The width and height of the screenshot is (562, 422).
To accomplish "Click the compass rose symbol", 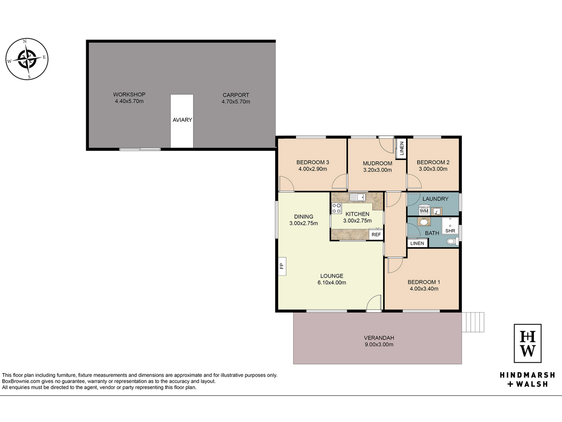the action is click(27, 59).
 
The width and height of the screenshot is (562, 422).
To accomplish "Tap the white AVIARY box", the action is click(182, 121).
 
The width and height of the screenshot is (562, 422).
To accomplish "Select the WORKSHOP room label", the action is click(129, 95).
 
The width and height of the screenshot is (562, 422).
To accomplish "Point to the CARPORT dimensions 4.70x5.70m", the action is click(236, 102).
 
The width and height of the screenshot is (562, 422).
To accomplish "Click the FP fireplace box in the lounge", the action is click(282, 266).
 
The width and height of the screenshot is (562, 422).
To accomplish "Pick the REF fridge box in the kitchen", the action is click(376, 234).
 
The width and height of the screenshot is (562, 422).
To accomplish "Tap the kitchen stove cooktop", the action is click(337, 208).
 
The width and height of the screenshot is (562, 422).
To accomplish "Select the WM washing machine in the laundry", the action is click(424, 211).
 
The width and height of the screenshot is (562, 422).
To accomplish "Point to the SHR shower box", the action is click(450, 226).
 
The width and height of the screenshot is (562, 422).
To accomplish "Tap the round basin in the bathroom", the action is click(424, 222).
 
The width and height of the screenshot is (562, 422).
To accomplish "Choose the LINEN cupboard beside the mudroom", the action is click(401, 148).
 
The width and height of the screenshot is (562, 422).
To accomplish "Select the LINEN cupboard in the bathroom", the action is click(417, 243).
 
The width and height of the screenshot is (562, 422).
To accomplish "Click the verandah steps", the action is click(473, 322).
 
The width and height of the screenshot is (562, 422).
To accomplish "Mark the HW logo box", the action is click(527, 343).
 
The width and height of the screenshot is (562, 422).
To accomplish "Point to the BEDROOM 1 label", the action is click(424, 282).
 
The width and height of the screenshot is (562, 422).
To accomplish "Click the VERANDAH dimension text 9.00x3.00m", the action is click(379, 344).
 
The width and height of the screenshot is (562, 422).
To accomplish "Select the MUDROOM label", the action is click(377, 163).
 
